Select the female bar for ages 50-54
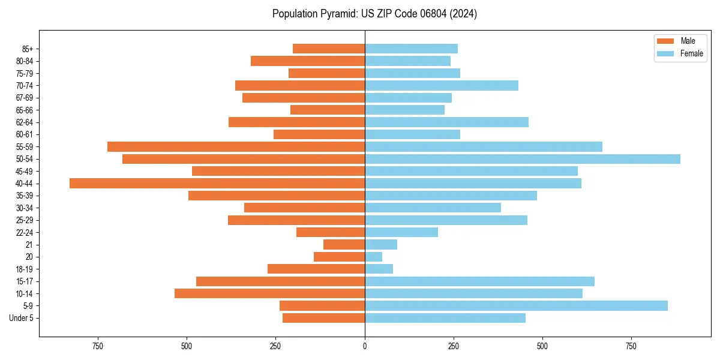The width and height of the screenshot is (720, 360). pyautogui.click(x=522, y=159)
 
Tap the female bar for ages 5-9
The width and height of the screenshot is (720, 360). pyautogui.click(x=516, y=305)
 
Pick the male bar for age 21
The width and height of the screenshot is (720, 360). pyautogui.click(x=344, y=244)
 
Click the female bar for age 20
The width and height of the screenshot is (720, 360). pyautogui.click(x=373, y=257)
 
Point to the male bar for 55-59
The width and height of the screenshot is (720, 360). pyautogui.click(x=236, y=146)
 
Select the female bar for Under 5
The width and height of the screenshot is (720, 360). pyautogui.click(x=445, y=318)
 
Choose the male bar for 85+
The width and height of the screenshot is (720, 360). pyautogui.click(x=328, y=49)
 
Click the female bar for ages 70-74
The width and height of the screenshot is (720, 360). pyautogui.click(x=441, y=85)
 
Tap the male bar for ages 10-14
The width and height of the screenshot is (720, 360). pyautogui.click(x=269, y=293)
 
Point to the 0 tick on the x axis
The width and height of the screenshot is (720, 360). pyautogui.click(x=365, y=347)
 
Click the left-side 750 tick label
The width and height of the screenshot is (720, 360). pyautogui.click(x=98, y=347)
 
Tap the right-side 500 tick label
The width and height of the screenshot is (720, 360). pyautogui.click(x=542, y=347)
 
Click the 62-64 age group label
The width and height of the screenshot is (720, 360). pyautogui.click(x=25, y=122)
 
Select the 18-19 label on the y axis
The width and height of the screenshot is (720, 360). pyautogui.click(x=25, y=269)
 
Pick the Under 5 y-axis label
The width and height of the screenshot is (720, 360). pyautogui.click(x=22, y=318)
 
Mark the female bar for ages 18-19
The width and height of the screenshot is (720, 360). pyautogui.click(x=379, y=269)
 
